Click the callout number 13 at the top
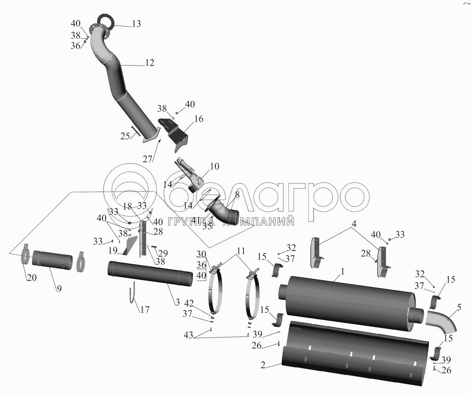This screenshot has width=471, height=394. tap(136, 24)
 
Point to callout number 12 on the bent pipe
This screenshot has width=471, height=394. tap(149, 62)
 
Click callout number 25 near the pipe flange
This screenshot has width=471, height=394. tap(125, 136)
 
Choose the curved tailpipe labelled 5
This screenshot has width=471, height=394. tap(442, 321)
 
